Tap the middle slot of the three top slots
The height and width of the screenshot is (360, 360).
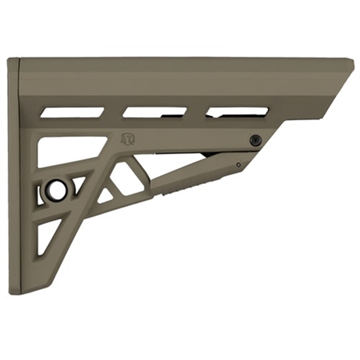coord(154,112)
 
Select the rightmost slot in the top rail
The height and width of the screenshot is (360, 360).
coord(237,112)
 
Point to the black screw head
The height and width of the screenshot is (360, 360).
coord(255,140)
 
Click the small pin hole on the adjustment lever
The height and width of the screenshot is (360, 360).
coord(238,165)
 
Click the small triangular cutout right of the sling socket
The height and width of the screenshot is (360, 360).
coord(78,185)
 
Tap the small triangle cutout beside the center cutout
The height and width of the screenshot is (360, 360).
coord(105,196)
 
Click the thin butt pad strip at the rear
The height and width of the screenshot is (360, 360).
coord(14,173)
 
